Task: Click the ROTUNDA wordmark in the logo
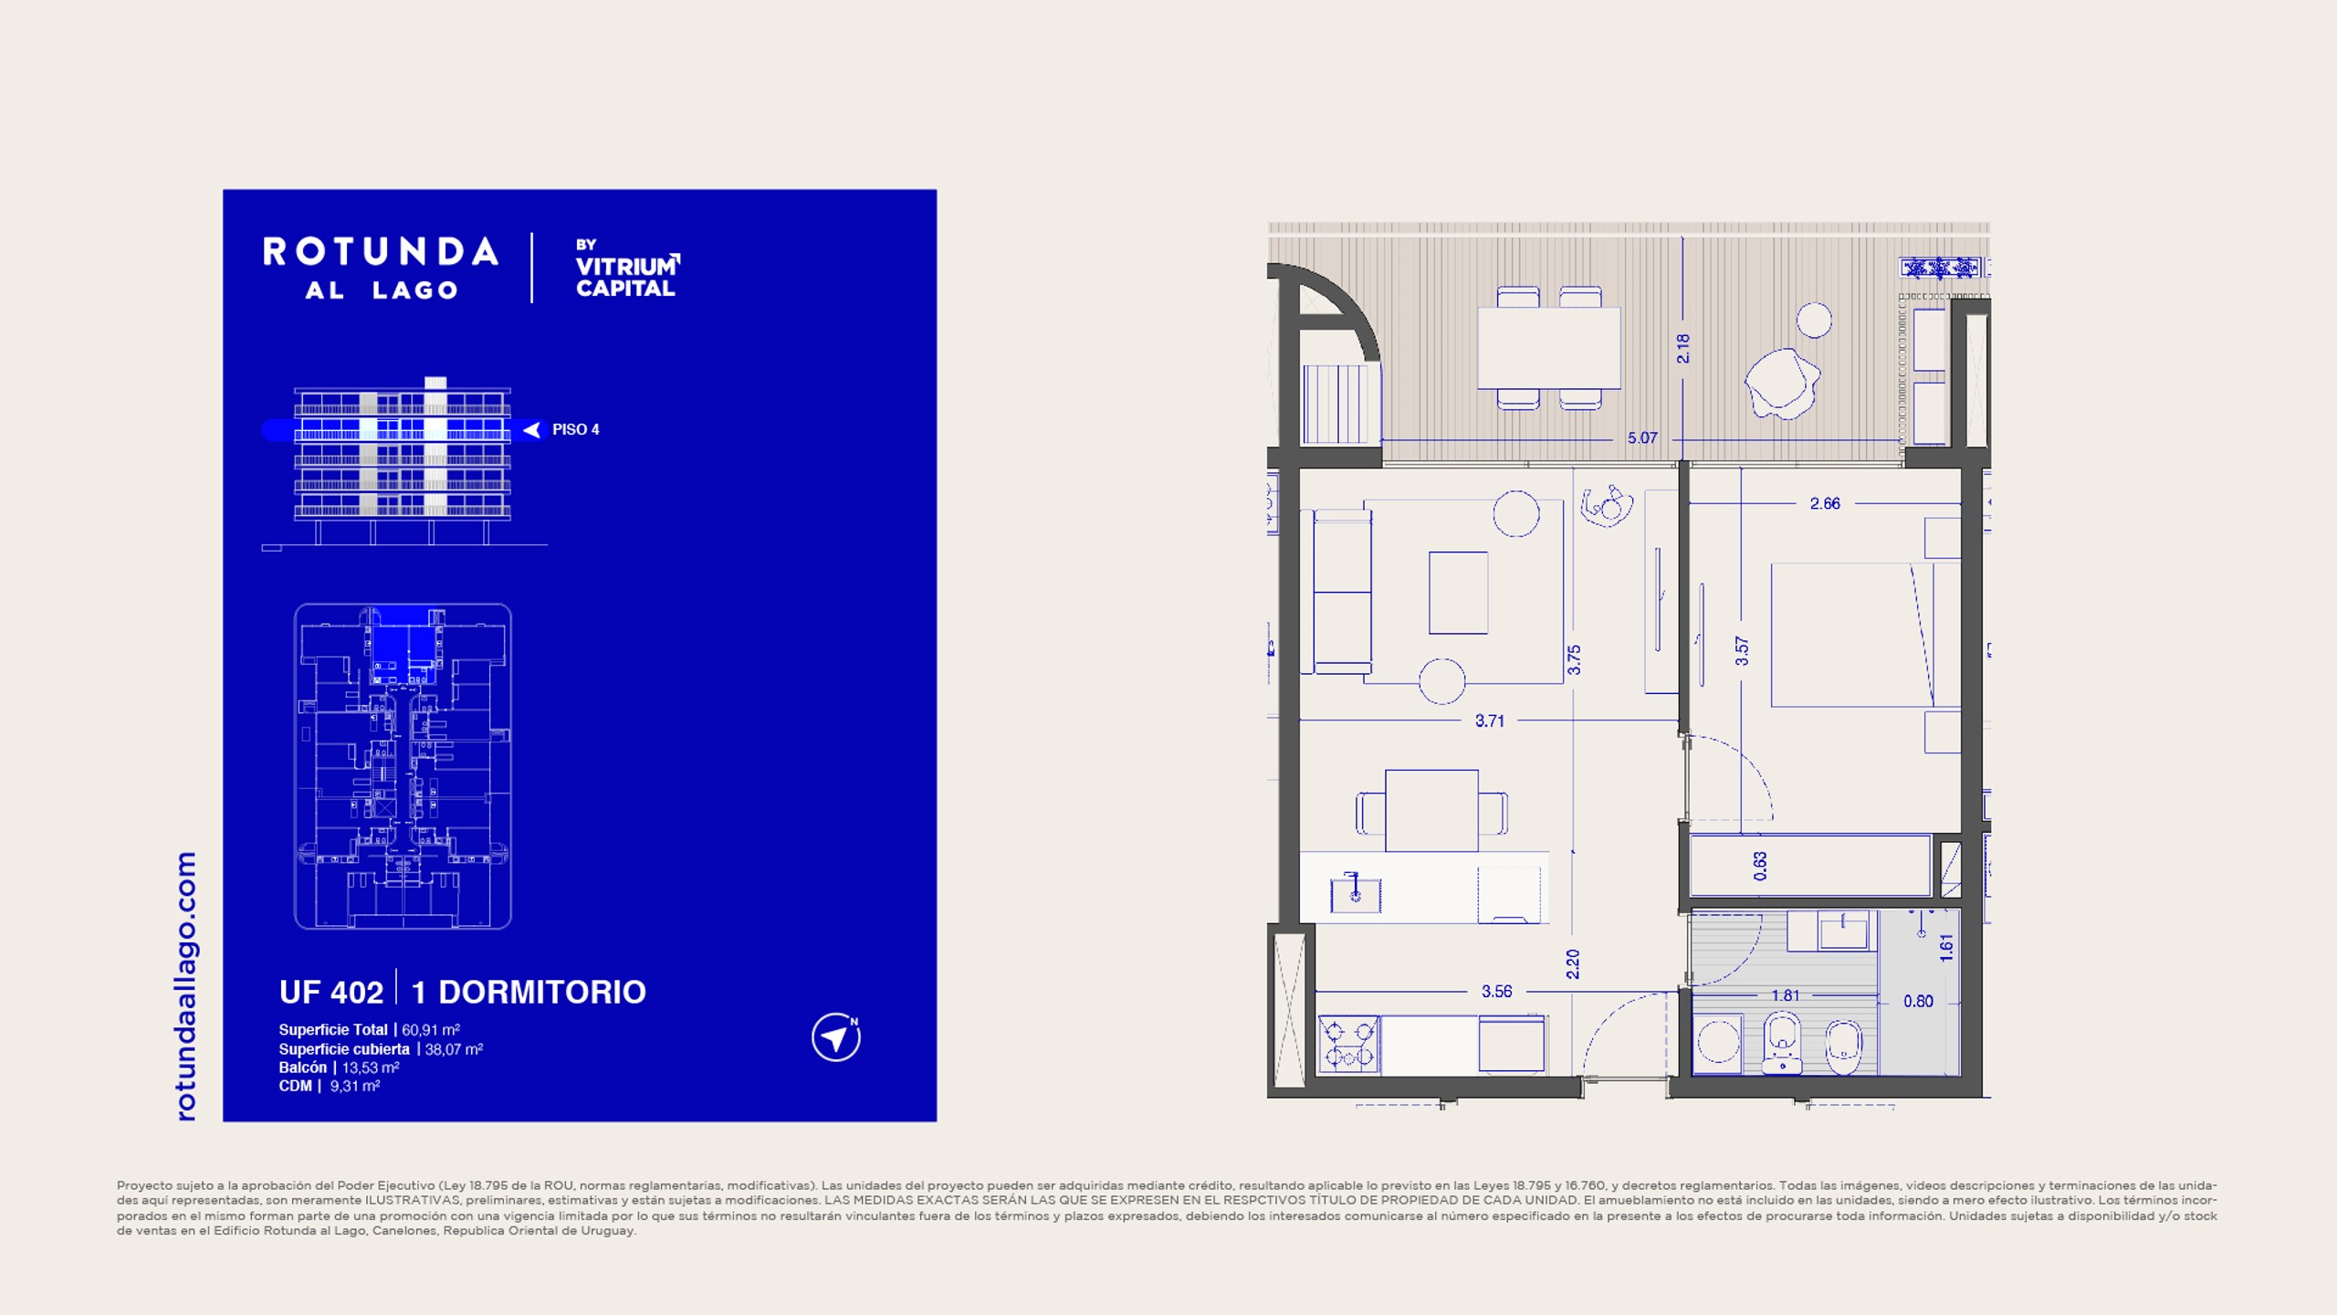381,252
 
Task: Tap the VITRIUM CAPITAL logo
627,268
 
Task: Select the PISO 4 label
575,429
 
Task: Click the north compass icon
836,1037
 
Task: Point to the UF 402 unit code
331,992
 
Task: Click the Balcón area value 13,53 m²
371,1068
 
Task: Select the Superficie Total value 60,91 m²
431,1030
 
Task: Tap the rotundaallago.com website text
185,986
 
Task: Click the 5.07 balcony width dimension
1642,438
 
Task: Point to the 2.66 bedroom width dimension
1825,504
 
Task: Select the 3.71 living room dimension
1490,721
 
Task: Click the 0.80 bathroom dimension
1918,1002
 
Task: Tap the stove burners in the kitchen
1349,1045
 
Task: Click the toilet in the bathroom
1782,1042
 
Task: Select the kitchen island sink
1356,894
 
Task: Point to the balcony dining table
1549,348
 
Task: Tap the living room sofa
1342,592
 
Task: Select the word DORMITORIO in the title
542,992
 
